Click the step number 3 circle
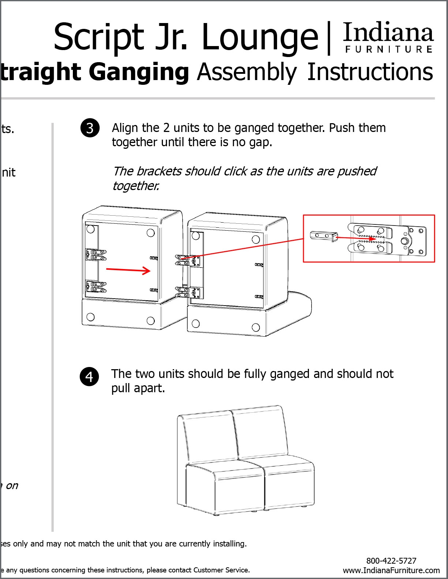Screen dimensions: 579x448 [x=90, y=128]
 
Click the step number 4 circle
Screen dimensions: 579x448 [x=89, y=376]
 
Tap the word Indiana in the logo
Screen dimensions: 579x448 [x=388, y=33]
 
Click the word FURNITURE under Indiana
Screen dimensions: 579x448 [x=389, y=49]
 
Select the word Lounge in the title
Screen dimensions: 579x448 [x=260, y=37]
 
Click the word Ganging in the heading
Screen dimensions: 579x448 [x=139, y=72]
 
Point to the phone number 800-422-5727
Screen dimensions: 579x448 [x=391, y=561]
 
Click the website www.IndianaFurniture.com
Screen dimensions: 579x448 [x=391, y=570]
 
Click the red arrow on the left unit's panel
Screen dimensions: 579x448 [x=128, y=270]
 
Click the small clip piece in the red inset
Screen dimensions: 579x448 [x=323, y=236]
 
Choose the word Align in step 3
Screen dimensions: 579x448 [x=126, y=128]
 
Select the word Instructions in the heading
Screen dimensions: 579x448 [x=370, y=72]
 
